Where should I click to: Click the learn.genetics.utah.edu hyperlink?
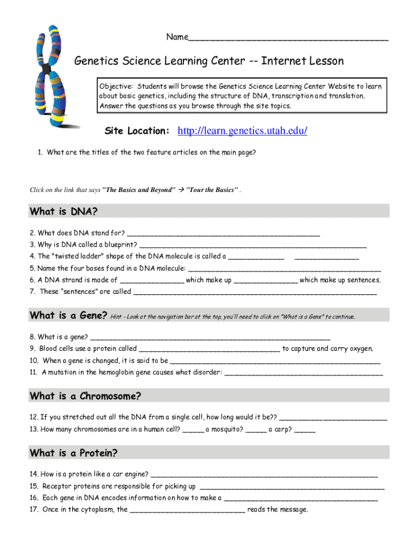tap(243, 131)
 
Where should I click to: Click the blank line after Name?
tap(288, 38)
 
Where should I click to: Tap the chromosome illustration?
tap(53, 76)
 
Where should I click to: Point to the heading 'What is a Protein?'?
tap(74, 453)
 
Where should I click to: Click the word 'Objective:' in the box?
tap(116, 86)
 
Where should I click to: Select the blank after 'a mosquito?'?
tap(256, 430)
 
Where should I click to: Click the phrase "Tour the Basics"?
tap(212, 190)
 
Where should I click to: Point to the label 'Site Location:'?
tap(137, 131)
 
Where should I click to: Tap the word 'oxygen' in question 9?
tap(361, 349)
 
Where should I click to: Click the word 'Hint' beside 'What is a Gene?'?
tap(115, 317)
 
